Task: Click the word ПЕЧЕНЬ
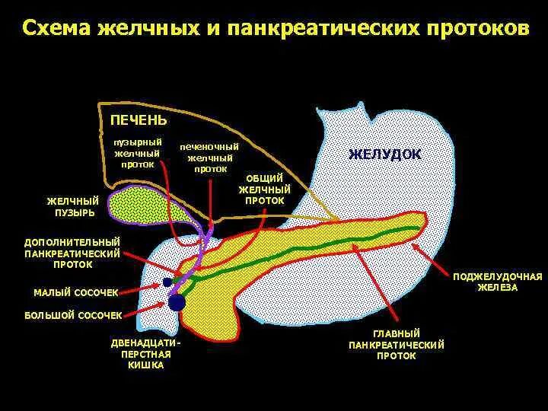[x=139, y=121]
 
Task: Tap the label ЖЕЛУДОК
[x=384, y=154]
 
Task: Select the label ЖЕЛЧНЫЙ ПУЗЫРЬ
[x=74, y=206]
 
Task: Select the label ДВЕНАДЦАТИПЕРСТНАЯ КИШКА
[x=147, y=354]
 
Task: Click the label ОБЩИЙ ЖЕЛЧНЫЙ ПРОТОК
[x=265, y=190]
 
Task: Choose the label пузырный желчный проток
[x=138, y=153]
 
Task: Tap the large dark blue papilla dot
[x=177, y=302]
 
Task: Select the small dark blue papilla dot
[x=167, y=282]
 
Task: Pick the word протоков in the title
[x=476, y=29]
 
